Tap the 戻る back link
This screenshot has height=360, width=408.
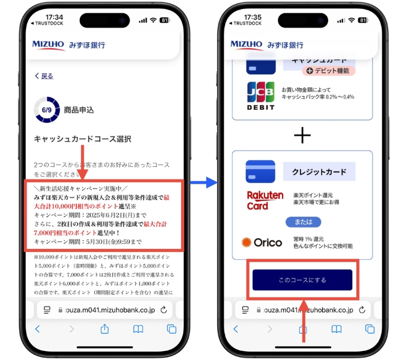[x=44, y=76]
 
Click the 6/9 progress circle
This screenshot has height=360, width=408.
[x=47, y=110]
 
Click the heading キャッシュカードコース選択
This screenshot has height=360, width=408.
[x=82, y=139]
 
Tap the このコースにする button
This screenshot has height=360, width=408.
[x=302, y=280]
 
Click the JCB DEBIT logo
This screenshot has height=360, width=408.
[x=260, y=96]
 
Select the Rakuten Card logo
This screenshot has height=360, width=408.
[x=265, y=200]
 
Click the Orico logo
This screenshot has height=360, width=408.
[x=262, y=242]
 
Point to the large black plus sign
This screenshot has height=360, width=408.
[x=302, y=135]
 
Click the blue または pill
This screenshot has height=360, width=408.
[x=302, y=222]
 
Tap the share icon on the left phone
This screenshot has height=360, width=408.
[x=104, y=329]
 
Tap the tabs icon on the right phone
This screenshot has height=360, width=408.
[x=370, y=329]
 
